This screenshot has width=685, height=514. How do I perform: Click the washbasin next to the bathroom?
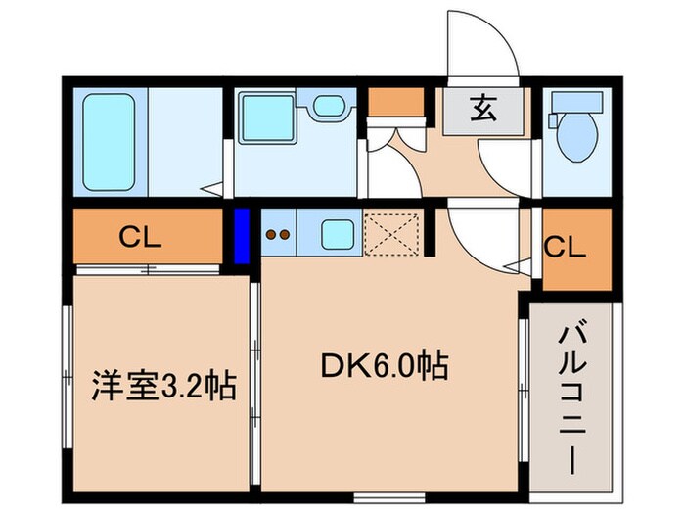coord(329,110)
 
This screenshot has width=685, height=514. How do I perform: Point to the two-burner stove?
coord(278,235)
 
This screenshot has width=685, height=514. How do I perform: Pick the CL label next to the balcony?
coord(568,247)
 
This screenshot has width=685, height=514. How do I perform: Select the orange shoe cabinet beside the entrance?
coord(397,101)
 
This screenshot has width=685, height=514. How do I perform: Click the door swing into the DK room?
coord(479,240)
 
